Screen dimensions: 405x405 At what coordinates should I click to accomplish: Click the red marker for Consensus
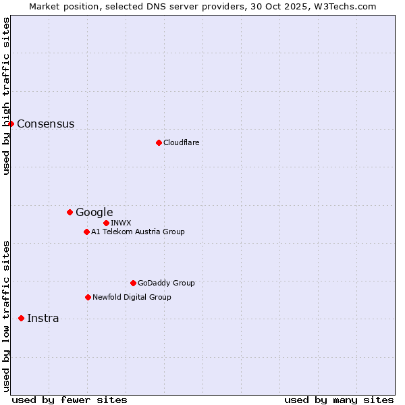tap(11, 124)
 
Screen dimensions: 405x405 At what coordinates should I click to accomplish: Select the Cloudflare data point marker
tap(159, 142)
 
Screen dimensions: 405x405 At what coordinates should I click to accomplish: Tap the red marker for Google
tap(70, 212)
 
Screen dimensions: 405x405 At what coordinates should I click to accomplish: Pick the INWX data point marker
tap(106, 223)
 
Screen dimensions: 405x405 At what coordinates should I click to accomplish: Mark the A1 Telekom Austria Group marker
tap(86, 232)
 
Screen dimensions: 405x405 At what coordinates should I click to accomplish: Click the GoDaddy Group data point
tap(133, 283)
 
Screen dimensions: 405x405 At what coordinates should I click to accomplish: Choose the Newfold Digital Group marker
tap(88, 297)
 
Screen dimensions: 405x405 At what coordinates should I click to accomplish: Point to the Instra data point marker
tap(21, 318)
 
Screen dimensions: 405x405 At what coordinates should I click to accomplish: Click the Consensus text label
tap(45, 124)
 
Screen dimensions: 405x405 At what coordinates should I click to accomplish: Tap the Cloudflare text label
tap(181, 142)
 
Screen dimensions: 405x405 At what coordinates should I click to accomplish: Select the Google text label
tap(94, 212)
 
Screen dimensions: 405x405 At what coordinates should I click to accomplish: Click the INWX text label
tap(121, 223)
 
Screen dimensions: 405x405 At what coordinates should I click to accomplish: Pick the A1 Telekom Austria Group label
tap(138, 232)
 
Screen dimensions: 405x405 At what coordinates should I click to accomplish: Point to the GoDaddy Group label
tap(165, 283)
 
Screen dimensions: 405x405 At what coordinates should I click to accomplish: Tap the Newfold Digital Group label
tap(132, 297)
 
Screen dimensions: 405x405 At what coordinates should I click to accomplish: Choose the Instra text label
tap(43, 318)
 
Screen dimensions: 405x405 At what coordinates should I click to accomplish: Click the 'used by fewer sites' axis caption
tap(70, 400)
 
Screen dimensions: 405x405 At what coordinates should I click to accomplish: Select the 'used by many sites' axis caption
tap(339, 400)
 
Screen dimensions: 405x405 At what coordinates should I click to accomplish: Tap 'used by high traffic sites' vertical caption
tap(6, 96)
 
